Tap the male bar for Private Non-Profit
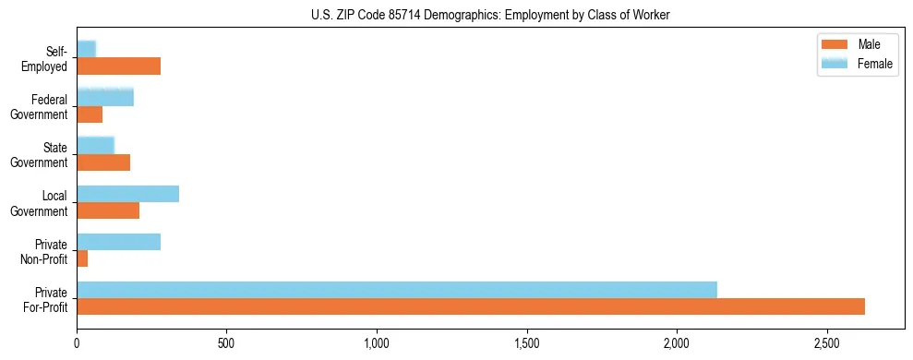click(x=82, y=258)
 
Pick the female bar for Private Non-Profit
click(x=118, y=242)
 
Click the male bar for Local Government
click(x=108, y=210)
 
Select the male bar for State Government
click(x=103, y=162)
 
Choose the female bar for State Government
click(x=95, y=146)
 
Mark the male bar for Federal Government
click(x=90, y=114)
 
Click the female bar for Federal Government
click(x=105, y=98)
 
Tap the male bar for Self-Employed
click(x=118, y=66)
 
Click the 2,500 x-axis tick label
click(x=827, y=342)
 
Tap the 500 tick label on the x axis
click(x=227, y=342)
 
